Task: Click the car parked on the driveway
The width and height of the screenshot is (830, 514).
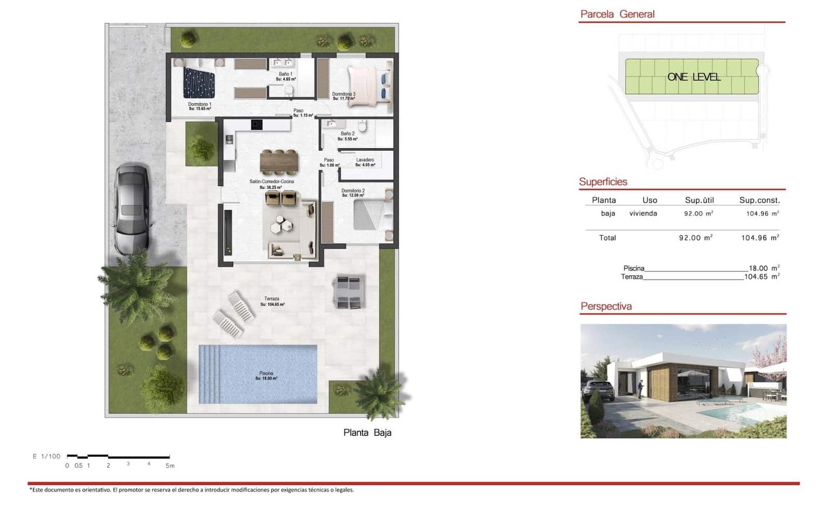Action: pyautogui.click(x=132, y=209)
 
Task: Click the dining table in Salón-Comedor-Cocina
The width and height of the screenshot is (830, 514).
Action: pyautogui.click(x=279, y=162)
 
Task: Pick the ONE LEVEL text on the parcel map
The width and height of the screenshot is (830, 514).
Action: pyautogui.click(x=694, y=77)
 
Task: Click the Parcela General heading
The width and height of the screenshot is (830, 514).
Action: pyautogui.click(x=617, y=15)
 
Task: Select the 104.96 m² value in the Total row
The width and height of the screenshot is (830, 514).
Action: pyautogui.click(x=759, y=238)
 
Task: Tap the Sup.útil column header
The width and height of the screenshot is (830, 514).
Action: pyautogui.click(x=699, y=200)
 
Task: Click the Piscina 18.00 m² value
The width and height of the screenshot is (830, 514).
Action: pyautogui.click(x=763, y=268)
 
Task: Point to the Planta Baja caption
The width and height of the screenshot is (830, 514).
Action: pyautogui.click(x=367, y=433)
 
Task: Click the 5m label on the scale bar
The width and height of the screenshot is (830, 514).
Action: pyautogui.click(x=170, y=466)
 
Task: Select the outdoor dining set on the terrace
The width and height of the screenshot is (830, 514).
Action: pyautogui.click(x=349, y=292)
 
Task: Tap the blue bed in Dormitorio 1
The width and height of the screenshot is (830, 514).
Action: pyautogui.click(x=199, y=83)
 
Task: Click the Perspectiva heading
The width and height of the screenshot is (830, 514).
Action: pyautogui.click(x=606, y=306)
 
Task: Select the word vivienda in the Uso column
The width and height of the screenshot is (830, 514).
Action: pyautogui.click(x=643, y=213)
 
